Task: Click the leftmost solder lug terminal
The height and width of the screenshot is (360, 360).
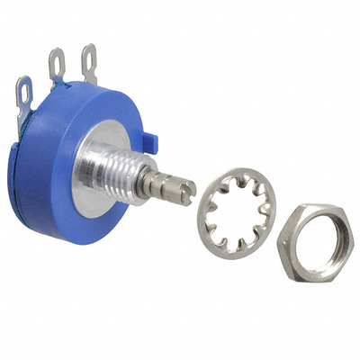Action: [x=24, y=96]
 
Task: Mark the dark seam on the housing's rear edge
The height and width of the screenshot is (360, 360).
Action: [x=20, y=171]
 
